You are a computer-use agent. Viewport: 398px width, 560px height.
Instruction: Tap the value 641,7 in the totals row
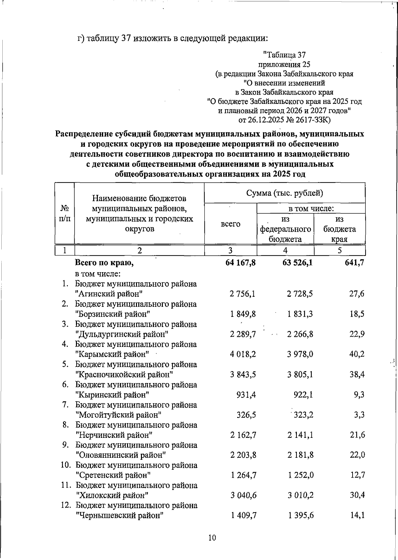click(x=354, y=263)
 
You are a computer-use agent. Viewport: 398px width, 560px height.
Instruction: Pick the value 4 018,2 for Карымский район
click(x=243, y=354)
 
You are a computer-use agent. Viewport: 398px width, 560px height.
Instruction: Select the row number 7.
click(x=66, y=405)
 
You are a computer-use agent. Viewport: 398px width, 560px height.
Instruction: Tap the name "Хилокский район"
click(x=112, y=495)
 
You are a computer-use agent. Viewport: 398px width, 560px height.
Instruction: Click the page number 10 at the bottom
click(x=212, y=537)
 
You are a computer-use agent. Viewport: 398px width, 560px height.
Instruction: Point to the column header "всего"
click(x=231, y=224)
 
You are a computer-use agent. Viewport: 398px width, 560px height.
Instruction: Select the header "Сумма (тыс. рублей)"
click(x=285, y=193)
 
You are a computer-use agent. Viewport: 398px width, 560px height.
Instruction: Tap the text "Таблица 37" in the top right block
click(x=284, y=55)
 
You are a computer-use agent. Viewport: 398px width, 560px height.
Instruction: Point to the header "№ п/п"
click(x=65, y=213)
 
